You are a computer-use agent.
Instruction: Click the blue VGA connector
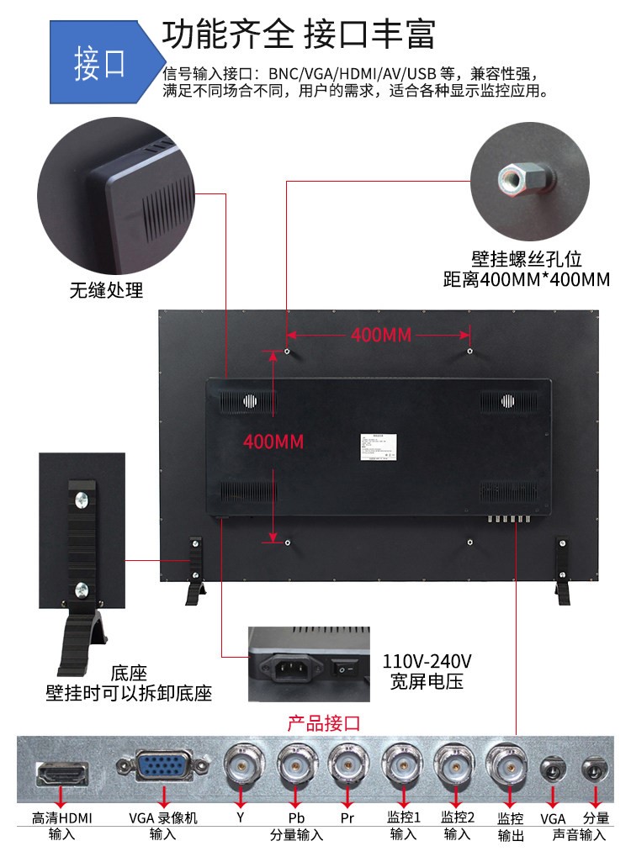click(163, 768)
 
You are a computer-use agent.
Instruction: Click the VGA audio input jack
click(553, 770)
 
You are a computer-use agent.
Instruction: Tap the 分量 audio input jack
click(596, 770)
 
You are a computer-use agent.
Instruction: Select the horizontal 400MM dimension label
click(380, 335)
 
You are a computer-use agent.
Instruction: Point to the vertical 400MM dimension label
click(273, 441)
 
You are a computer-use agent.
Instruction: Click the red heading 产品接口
click(324, 722)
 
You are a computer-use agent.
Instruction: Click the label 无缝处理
click(106, 291)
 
